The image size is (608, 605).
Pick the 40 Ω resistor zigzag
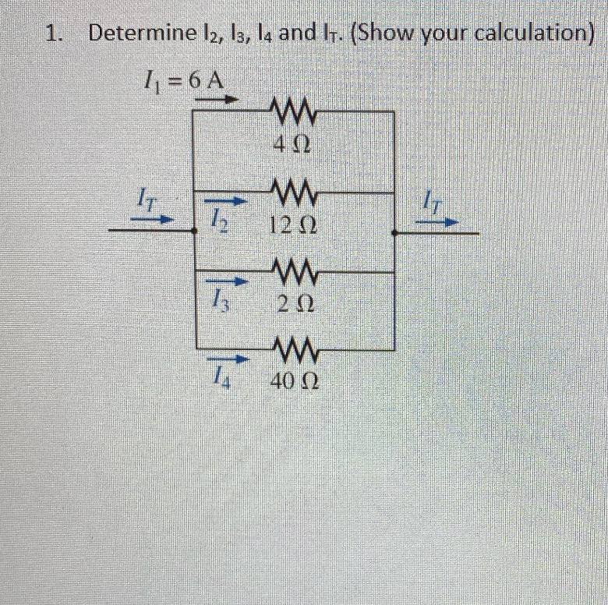point(292,349)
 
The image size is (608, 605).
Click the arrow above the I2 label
point(230,201)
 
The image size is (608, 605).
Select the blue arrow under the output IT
point(435,221)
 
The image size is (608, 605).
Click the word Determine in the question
point(141,34)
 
